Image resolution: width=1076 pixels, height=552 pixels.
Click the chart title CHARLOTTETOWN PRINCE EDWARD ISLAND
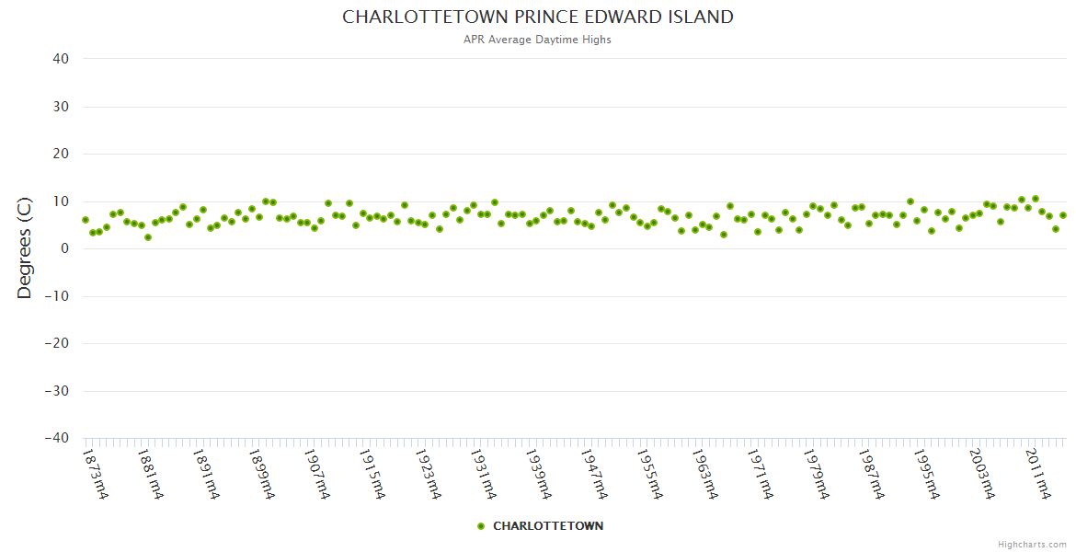[538, 17]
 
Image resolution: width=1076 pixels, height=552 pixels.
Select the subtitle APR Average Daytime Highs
[538, 40]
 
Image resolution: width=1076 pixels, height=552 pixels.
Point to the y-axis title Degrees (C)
[25, 248]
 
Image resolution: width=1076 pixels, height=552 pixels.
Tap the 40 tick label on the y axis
[61, 59]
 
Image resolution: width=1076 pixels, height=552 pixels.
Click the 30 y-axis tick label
[61, 107]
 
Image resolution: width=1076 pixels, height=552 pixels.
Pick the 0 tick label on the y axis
[65, 248]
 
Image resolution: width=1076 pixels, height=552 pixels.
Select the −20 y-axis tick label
[57, 343]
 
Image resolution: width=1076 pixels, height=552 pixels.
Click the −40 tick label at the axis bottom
[57, 439]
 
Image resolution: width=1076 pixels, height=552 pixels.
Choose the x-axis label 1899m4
[261, 474]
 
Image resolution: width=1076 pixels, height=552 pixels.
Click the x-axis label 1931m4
[482, 474]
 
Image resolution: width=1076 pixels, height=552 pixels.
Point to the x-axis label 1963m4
[703, 474]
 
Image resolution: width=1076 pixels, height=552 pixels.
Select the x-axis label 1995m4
[923, 474]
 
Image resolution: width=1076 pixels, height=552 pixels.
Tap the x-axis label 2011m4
[1036, 474]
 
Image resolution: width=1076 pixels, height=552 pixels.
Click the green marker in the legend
[480, 526]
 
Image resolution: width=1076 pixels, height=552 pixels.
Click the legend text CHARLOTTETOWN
[548, 526]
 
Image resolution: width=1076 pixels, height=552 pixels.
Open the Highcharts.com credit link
[1032, 544]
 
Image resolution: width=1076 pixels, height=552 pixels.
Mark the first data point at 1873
[86, 220]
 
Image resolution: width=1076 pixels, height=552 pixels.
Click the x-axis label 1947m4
[592, 474]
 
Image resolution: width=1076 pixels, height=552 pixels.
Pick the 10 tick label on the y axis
[61, 201]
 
